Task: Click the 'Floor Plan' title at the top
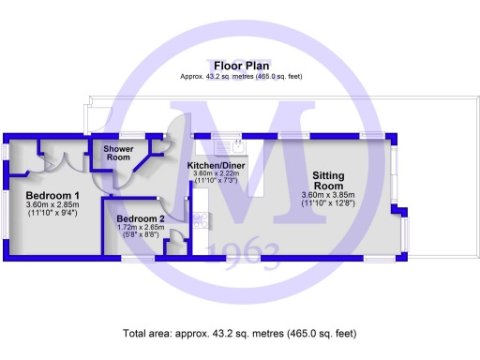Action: click(240, 66)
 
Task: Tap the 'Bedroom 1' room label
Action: click(52, 195)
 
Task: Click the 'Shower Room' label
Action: click(117, 153)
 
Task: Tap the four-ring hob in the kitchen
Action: click(200, 221)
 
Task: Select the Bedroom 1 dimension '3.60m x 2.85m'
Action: click(52, 204)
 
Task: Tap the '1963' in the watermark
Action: click(253, 251)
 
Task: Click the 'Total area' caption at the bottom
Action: click(240, 333)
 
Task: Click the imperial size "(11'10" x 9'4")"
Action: click(52, 213)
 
